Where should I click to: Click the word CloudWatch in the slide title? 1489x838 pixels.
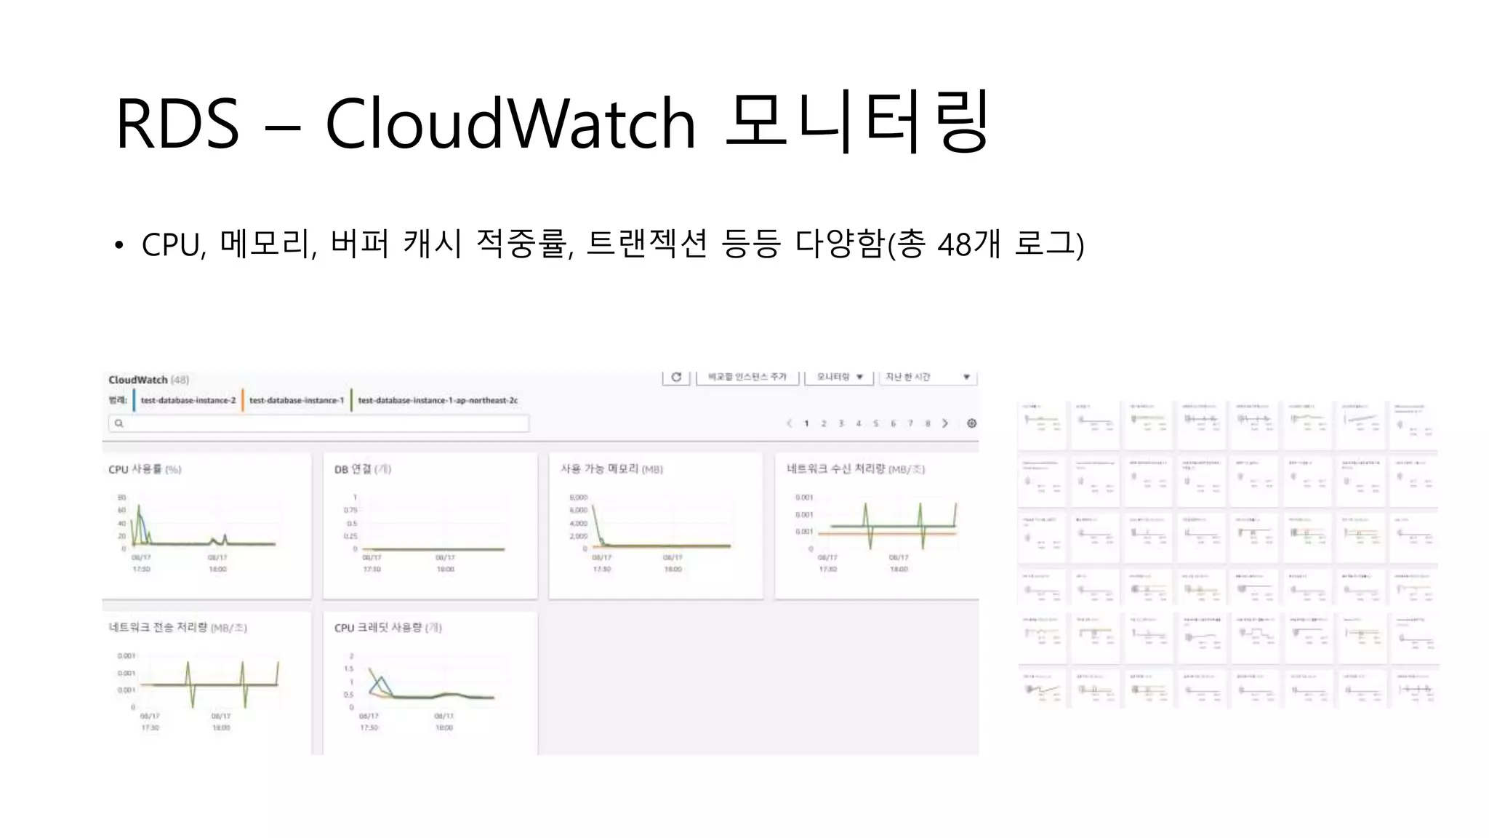(x=510, y=124)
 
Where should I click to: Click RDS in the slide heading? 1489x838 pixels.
(x=177, y=124)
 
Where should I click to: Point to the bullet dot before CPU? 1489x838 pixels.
(x=119, y=245)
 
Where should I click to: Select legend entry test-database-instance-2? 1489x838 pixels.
(x=188, y=400)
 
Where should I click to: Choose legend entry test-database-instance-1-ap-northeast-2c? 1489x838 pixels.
(x=438, y=400)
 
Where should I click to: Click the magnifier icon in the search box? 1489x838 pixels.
(x=119, y=423)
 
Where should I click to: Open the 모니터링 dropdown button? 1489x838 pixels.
(x=839, y=377)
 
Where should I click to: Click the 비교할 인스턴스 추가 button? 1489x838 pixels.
(x=747, y=377)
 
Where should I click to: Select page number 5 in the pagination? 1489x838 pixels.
(x=875, y=423)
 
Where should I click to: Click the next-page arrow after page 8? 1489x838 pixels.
(x=945, y=423)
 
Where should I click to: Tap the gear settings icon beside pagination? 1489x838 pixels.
(x=971, y=423)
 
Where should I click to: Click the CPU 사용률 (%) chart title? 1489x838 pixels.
(x=145, y=469)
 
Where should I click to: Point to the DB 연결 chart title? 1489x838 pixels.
(x=362, y=469)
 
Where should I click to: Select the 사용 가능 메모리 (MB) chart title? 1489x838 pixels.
(x=611, y=469)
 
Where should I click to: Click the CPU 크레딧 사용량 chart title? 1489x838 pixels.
(x=388, y=628)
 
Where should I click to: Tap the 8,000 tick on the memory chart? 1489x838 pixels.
(x=578, y=498)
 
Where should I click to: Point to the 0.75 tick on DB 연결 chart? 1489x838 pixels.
(x=350, y=510)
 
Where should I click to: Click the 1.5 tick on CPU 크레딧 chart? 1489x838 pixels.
(x=349, y=669)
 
